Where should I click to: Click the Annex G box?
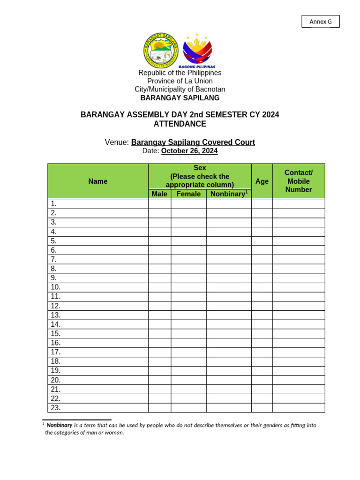[321, 22]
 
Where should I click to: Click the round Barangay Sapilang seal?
[161, 50]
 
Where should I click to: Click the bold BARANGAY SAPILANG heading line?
[180, 98]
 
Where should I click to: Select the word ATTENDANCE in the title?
[180, 124]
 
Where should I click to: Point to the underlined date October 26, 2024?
[189, 151]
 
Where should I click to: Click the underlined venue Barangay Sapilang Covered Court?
[193, 142]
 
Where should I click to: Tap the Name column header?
[98, 181]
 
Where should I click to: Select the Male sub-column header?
[159, 194]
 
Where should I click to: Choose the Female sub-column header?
[188, 194]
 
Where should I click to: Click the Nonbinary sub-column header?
[228, 194]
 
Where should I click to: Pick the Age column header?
[262, 181]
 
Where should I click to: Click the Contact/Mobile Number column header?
[299, 181]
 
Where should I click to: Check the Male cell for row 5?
[159, 241]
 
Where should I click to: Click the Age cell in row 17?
[262, 352]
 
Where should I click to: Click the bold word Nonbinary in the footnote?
[60, 425]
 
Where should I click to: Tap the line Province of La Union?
[180, 81]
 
